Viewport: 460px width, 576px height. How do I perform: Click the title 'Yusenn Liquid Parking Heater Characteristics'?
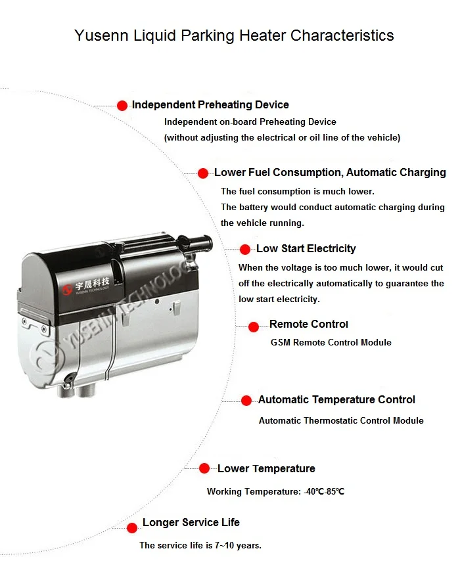[x=234, y=35]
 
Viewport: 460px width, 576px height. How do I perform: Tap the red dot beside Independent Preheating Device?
[x=122, y=105]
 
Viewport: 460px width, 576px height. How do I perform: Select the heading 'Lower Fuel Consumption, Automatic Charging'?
[x=330, y=173]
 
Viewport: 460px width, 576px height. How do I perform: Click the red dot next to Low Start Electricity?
[x=245, y=249]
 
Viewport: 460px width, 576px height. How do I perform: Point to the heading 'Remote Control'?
[x=308, y=324]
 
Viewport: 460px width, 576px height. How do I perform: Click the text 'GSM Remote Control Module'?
[x=331, y=342]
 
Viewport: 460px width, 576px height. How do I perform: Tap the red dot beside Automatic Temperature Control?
[x=246, y=400]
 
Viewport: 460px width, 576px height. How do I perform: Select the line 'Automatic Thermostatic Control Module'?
[x=341, y=420]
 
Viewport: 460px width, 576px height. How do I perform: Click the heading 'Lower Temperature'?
[x=266, y=468]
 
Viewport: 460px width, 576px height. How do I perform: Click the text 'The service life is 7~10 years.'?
[x=200, y=545]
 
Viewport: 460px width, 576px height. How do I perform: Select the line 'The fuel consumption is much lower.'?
[x=297, y=191]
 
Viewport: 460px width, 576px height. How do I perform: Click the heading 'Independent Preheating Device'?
[x=210, y=104]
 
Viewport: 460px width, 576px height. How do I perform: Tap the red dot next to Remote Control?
[x=253, y=326]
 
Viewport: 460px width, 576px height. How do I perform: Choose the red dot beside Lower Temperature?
[x=204, y=468]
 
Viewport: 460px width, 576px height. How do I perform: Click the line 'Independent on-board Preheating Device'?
[x=250, y=122]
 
